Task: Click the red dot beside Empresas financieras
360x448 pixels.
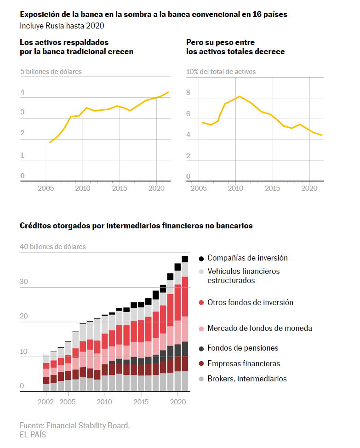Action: (x=201, y=363)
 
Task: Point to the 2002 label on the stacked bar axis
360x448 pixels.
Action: (x=46, y=402)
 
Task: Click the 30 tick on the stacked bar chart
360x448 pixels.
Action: (x=24, y=281)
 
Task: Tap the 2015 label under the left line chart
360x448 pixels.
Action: (x=120, y=188)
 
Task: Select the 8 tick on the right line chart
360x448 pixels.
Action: (x=188, y=92)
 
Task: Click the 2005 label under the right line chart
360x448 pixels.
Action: (x=199, y=188)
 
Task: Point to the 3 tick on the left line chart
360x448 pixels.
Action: (x=23, y=112)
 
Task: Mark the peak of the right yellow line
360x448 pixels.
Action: (x=240, y=96)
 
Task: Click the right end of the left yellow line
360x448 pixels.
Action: (x=168, y=92)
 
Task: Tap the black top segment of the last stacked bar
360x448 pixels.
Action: (x=185, y=259)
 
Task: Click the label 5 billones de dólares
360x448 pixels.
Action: (x=51, y=71)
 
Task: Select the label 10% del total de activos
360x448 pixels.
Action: (x=221, y=71)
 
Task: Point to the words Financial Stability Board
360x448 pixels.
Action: (x=88, y=425)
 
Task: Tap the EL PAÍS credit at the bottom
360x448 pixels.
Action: (x=33, y=435)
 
